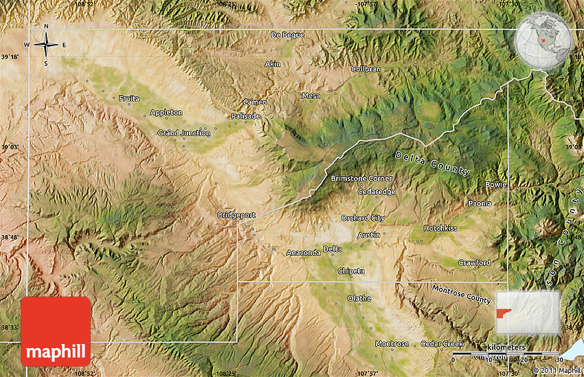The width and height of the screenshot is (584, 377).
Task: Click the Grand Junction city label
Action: (184, 133)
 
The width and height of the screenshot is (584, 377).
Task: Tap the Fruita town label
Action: (128, 98)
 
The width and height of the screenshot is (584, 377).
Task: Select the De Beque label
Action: (287, 34)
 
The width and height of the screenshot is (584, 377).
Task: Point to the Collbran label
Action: (366, 69)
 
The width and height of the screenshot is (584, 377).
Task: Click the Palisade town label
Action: (246, 116)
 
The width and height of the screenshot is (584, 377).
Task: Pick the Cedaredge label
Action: (377, 191)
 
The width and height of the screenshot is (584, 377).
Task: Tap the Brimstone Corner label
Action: (361, 178)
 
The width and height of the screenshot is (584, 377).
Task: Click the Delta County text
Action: (432, 162)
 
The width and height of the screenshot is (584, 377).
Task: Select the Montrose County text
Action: (461, 293)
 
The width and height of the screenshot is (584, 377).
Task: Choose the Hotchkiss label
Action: (440, 228)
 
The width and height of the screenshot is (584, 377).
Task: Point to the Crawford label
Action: (474, 263)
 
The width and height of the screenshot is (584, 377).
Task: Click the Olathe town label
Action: (359, 298)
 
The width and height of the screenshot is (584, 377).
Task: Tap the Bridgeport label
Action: (236, 215)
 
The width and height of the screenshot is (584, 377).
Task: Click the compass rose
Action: (46, 45)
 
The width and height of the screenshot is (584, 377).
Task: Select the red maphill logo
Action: (56, 331)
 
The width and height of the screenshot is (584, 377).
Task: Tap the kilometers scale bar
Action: (505, 354)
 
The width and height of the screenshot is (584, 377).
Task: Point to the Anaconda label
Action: (303, 252)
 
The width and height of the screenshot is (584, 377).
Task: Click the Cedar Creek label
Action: (442, 343)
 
